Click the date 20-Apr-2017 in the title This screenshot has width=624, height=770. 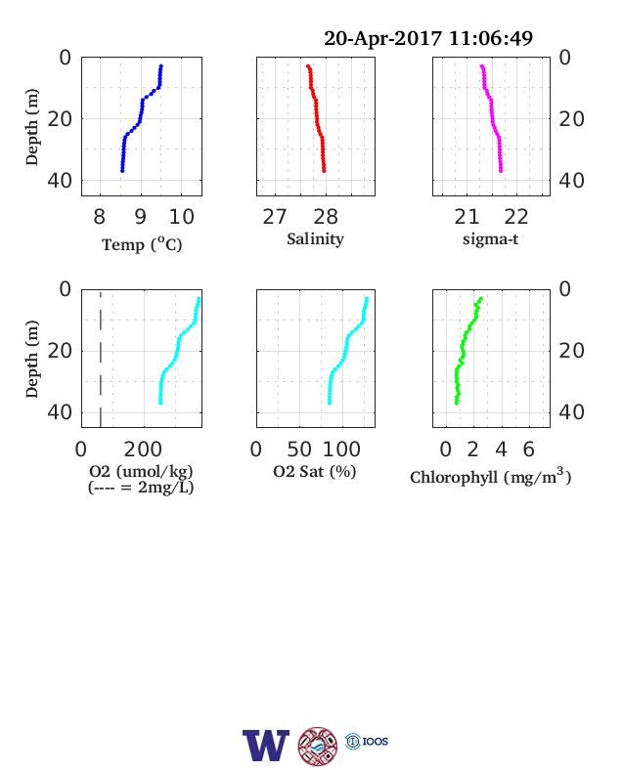coord(382,38)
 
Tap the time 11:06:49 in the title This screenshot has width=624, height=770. coord(491,38)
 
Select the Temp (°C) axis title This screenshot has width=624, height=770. coord(142,244)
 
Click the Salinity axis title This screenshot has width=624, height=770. coord(316,239)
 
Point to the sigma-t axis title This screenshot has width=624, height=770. coord(490,239)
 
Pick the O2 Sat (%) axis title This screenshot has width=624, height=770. coord(315,471)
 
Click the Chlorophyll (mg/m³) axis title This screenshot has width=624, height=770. coord(490,476)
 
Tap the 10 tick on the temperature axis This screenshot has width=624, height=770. coord(182,217)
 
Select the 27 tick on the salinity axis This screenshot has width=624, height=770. coord(275,217)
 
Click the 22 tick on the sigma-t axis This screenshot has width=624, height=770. coord(515,217)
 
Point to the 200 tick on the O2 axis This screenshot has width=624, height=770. coord(143,449)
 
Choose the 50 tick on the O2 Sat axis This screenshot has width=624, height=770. coord(299,449)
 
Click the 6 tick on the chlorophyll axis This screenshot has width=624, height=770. coord(529,449)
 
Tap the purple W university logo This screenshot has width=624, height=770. coord(266,746)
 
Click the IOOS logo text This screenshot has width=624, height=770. coord(376,741)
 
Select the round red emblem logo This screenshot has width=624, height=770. coord(318,746)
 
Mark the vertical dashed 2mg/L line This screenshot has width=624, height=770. coord(101,359)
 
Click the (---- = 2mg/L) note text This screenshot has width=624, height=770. coord(141,488)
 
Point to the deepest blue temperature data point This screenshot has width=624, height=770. coord(122,170)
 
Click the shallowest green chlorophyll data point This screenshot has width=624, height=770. coord(481,299)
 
